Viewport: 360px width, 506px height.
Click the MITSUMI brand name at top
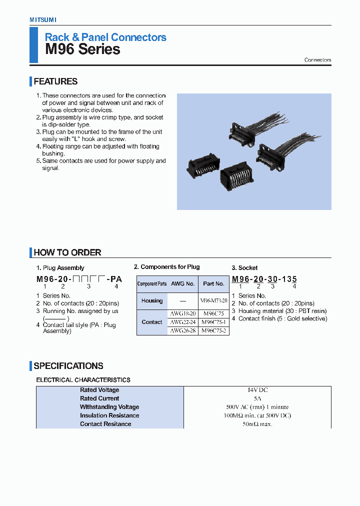[x=42, y=19]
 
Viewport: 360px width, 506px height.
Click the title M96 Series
[x=82, y=49]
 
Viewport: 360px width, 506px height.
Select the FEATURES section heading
[x=55, y=81]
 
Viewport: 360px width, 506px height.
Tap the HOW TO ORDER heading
[x=67, y=252]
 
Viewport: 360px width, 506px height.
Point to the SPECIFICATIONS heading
[x=68, y=366]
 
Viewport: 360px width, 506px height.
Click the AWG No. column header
[x=182, y=283]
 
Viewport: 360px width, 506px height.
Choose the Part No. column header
[x=213, y=283]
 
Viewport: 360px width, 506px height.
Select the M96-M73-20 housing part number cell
[x=213, y=300]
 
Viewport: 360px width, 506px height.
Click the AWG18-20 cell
[x=182, y=313]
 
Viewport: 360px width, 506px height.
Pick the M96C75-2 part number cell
[x=213, y=330]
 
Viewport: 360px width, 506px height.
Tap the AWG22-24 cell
[x=182, y=322]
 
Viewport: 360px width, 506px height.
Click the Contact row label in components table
[x=152, y=322]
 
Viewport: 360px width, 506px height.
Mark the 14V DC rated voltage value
[x=257, y=390]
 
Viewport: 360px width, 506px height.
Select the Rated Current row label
[x=99, y=398]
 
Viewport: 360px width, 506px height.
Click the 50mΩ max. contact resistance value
[x=257, y=424]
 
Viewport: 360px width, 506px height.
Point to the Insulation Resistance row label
[x=109, y=415]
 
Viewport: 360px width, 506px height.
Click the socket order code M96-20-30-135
[x=264, y=279]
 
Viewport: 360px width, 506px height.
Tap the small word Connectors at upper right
[x=317, y=60]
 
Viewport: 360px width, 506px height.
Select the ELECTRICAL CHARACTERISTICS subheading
[x=83, y=380]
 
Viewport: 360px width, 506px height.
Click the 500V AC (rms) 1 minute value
[x=257, y=407]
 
